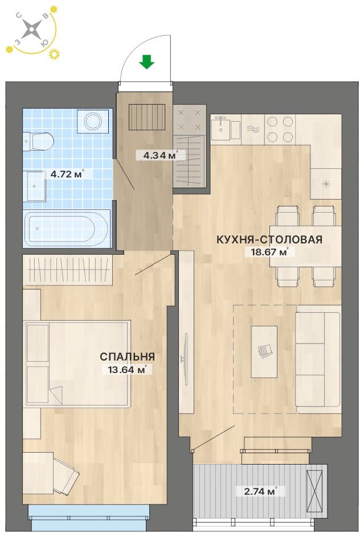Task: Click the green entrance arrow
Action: (146, 61)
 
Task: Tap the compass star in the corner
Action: (31, 28)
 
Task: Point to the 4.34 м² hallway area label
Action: (160, 155)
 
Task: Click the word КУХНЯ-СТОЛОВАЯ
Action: (269, 239)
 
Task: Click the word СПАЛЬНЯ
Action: (127, 357)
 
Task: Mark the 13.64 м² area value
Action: (127, 370)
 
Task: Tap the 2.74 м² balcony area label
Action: (260, 491)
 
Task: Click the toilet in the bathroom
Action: (38, 141)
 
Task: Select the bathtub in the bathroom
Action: (66, 228)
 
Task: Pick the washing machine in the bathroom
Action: (93, 121)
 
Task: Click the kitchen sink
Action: (226, 129)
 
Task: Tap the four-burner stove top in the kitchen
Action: (280, 129)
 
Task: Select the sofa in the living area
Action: (318, 359)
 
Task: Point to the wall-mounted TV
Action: (185, 359)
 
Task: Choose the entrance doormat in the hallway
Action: (147, 117)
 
